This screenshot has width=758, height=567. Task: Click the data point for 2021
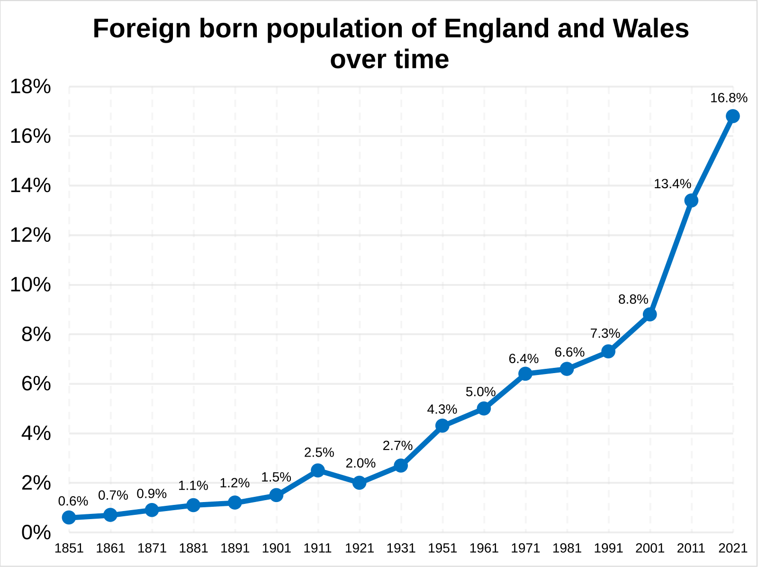(732, 116)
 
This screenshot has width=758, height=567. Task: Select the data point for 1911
(318, 470)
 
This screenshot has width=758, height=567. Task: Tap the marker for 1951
(442, 426)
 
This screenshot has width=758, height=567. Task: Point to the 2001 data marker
(650, 314)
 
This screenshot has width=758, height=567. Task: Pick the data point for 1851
(69, 517)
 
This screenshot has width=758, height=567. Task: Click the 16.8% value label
(729, 98)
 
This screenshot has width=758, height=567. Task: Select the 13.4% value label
(672, 184)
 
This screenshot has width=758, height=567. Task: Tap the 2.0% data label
(361, 463)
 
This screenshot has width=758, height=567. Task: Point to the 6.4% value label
(523, 359)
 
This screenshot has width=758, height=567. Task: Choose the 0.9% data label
(152, 494)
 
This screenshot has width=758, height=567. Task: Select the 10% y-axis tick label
(30, 285)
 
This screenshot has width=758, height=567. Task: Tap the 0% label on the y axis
(36, 532)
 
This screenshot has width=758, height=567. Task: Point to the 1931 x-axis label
(401, 549)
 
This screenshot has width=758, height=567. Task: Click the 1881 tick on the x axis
(193, 549)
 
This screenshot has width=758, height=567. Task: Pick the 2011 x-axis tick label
(691, 549)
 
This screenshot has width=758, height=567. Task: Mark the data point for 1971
(525, 374)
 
